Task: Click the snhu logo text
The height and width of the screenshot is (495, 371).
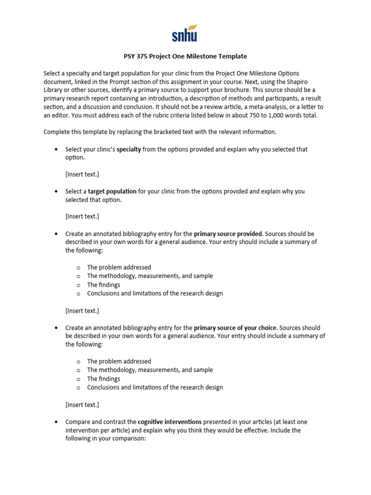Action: click(185, 36)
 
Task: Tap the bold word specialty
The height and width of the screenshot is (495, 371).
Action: click(129, 149)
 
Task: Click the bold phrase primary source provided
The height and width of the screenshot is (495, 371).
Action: click(228, 233)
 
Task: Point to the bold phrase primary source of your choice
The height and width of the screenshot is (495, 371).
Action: click(235, 328)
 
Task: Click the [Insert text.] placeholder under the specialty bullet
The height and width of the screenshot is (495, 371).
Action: click(82, 174)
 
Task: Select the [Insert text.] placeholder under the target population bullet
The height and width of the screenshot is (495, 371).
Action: click(82, 216)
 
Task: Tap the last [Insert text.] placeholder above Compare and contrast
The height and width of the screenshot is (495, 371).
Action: click(82, 404)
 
